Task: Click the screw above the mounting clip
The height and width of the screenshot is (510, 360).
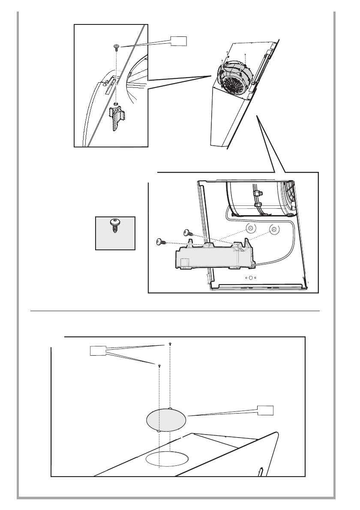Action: click(116, 46)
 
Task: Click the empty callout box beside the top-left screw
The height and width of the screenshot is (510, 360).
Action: click(179, 41)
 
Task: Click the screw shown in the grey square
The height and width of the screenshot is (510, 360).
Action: click(114, 225)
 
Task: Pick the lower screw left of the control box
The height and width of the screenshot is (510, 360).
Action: click(160, 242)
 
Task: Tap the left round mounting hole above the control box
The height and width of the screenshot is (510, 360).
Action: click(250, 228)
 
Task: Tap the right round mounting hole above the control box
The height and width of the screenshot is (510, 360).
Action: click(273, 229)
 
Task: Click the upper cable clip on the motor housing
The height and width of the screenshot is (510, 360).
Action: click(258, 194)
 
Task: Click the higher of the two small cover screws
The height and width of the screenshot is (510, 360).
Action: click(171, 344)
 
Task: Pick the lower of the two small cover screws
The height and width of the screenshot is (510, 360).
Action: click(159, 366)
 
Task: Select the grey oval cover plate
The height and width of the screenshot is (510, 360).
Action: click(166, 419)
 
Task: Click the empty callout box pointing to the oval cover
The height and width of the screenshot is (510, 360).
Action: click(265, 410)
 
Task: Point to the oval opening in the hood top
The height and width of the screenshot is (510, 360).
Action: click(167, 459)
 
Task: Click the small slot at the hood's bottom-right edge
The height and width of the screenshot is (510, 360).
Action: click(260, 472)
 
